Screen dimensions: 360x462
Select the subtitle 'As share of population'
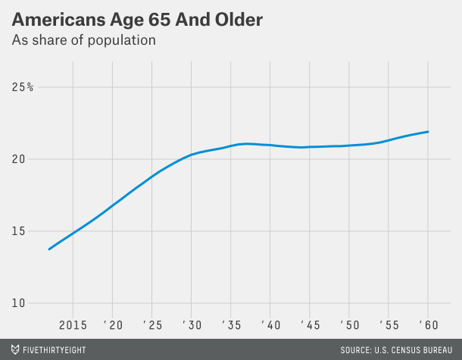click(83, 40)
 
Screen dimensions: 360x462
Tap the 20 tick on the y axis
click(20, 159)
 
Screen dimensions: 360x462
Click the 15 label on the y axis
click(20, 231)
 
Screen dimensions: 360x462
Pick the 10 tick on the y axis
click(20, 303)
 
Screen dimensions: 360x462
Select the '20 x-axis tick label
click(113, 324)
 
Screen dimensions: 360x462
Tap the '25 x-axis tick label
click(152, 324)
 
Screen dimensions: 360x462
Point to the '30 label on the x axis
click(192, 324)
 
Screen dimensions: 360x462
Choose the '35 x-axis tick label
click(231, 324)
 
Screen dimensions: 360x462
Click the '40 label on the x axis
click(270, 324)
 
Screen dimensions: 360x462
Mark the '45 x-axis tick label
click(310, 324)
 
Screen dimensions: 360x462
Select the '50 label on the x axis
click(349, 324)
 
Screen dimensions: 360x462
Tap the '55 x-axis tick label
click(389, 324)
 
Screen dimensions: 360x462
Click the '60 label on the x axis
click(428, 324)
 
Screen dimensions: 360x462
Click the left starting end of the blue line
click(49, 249)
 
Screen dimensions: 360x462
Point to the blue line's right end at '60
click(429, 132)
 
